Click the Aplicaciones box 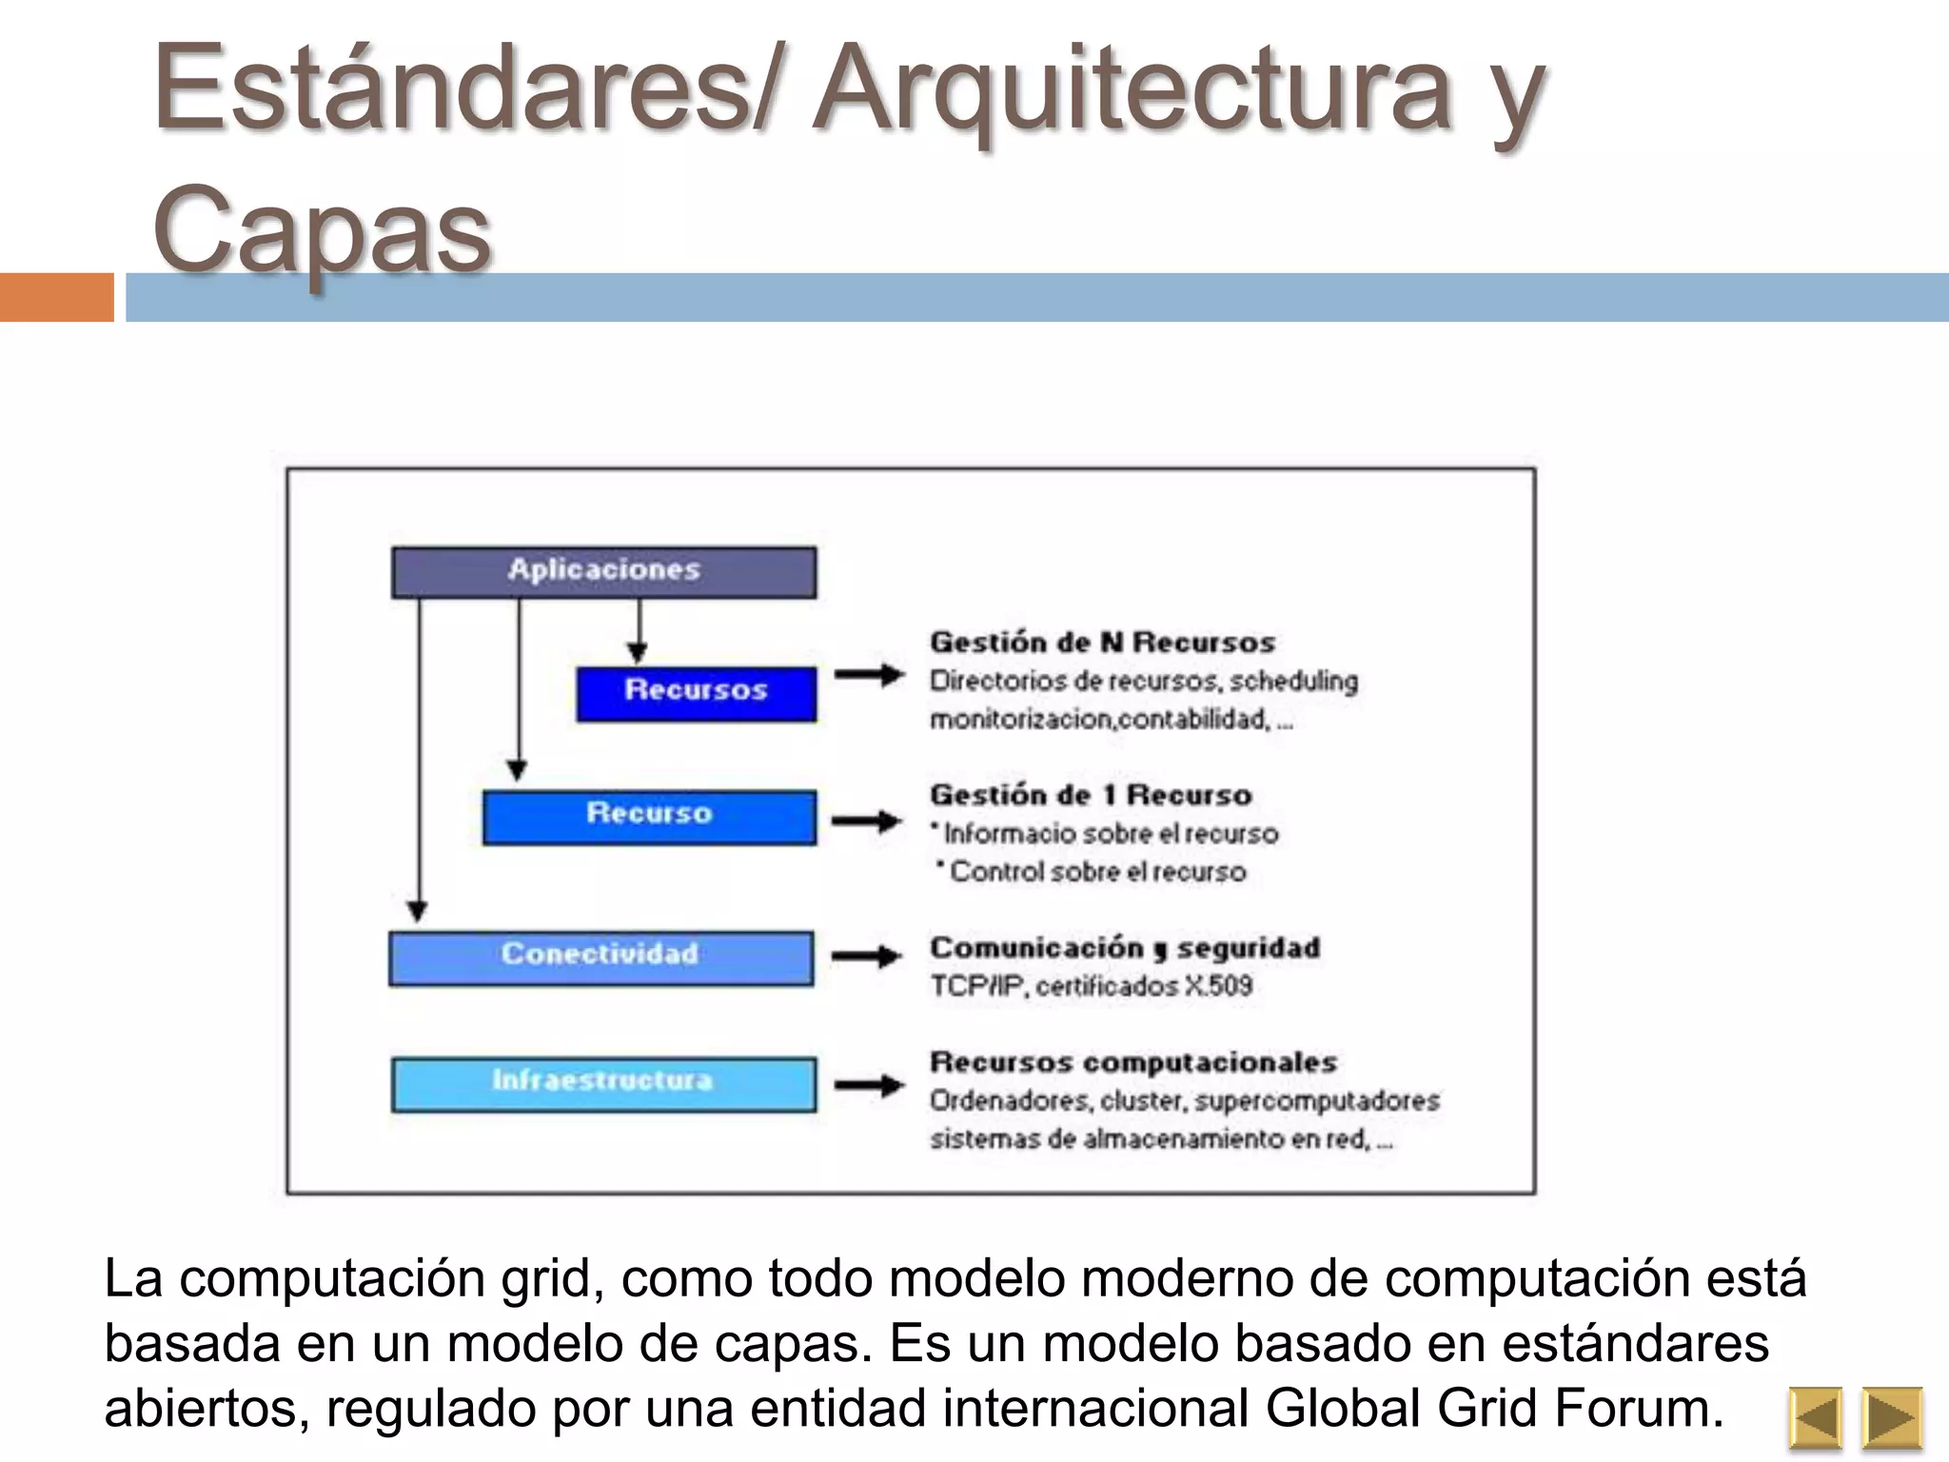[x=603, y=571]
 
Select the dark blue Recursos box [x=696, y=693]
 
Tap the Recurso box [x=649, y=816]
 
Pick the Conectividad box [x=600, y=957]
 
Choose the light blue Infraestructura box [x=603, y=1083]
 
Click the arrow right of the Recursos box [x=869, y=675]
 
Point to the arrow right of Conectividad [x=866, y=956]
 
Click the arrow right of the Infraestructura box [x=869, y=1084]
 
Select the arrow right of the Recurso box [x=866, y=820]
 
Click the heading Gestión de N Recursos [x=1102, y=642]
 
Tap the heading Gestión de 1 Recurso [x=1091, y=795]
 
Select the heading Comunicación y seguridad [x=1125, y=948]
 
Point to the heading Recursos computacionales [x=1133, y=1062]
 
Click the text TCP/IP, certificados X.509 [x=1091, y=986]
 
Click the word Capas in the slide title [x=323, y=228]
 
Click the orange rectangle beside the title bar [x=57, y=297]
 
